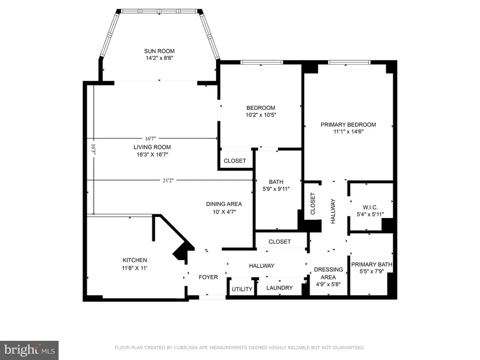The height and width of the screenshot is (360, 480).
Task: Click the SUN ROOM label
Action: [x=159, y=51]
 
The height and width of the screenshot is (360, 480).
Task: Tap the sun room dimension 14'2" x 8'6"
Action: [x=159, y=58]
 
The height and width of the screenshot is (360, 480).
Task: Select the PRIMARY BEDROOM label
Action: [x=348, y=125]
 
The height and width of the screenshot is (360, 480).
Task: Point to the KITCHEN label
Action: [x=135, y=260]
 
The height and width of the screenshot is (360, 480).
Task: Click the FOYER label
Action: [x=208, y=277]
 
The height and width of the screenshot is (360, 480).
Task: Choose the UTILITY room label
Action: [x=242, y=289]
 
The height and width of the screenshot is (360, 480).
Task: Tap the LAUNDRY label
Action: [x=279, y=288]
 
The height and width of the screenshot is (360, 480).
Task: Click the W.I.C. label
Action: [x=370, y=207]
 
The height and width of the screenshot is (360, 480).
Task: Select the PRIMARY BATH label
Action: [x=372, y=264]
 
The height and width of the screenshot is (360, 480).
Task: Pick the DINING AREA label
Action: [x=224, y=204]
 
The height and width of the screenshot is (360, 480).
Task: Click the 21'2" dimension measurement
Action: [x=168, y=180]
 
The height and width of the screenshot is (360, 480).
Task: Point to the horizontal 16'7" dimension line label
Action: [x=151, y=139]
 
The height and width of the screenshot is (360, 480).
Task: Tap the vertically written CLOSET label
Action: [x=312, y=204]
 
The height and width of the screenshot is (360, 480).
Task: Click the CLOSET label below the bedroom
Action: [x=235, y=161]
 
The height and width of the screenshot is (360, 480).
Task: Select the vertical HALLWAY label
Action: [x=333, y=211]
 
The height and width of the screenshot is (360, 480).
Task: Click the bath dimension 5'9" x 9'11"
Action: [x=276, y=189]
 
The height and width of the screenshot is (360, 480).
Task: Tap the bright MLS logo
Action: [x=29, y=350]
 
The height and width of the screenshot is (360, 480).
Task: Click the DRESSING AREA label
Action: [x=328, y=274]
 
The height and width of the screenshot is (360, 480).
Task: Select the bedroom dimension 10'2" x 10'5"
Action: [x=261, y=115]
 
